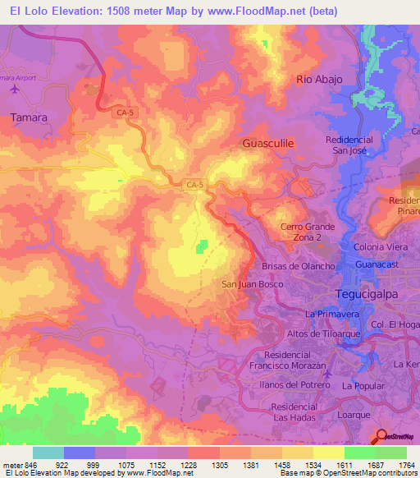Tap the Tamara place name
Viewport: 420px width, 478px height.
coord(30,117)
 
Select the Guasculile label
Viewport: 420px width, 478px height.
coord(268,143)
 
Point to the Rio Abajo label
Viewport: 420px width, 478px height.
coord(318,79)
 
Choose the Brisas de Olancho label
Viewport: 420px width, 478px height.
coord(298,266)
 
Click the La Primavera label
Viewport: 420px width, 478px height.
coord(333,314)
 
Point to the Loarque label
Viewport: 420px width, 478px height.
coord(356,416)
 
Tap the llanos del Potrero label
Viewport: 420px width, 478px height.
coord(292,385)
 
